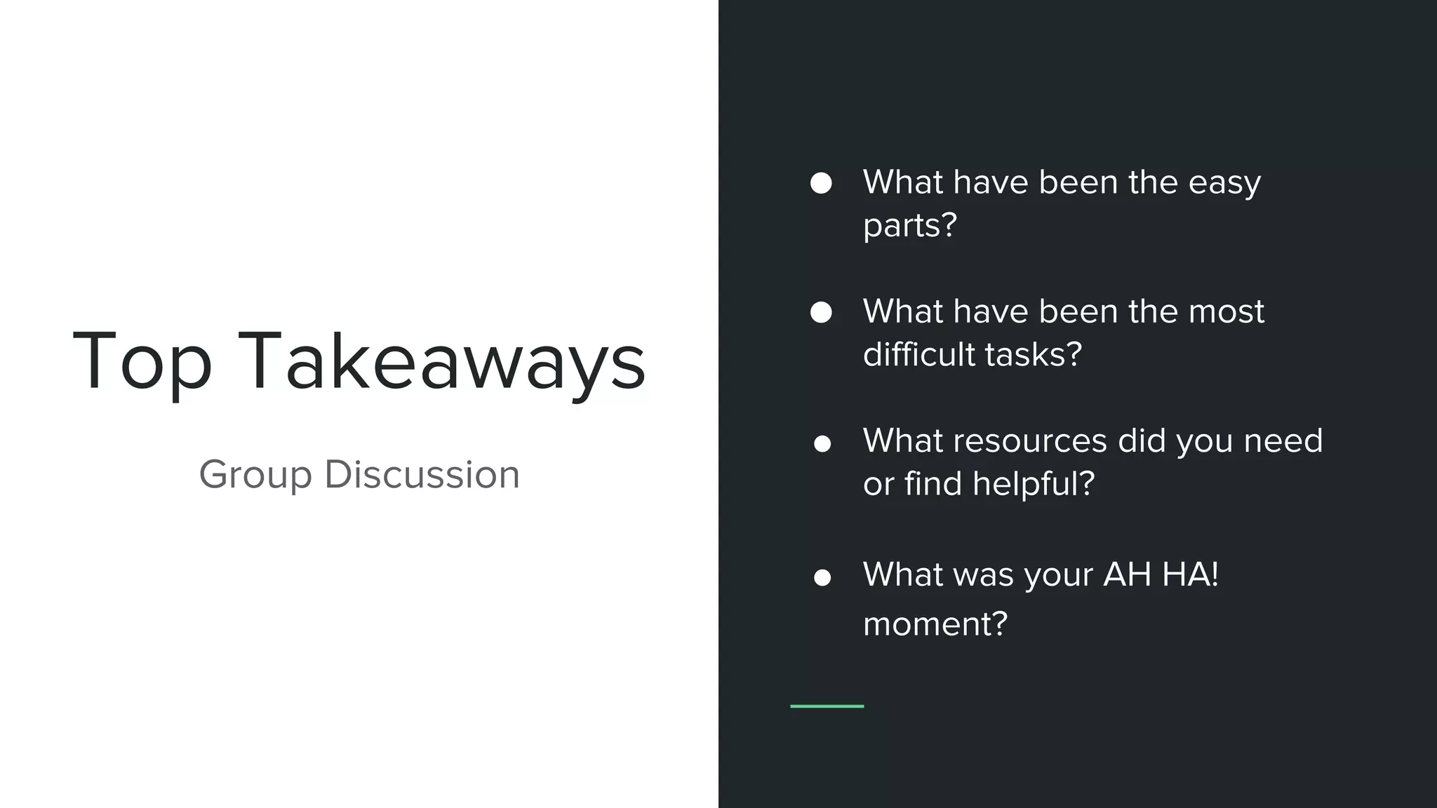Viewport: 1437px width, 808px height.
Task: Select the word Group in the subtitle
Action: point(255,475)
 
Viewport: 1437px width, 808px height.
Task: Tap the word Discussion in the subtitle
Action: point(422,475)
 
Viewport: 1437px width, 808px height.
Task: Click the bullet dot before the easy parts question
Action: point(821,183)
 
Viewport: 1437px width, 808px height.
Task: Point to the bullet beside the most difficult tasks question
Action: point(821,312)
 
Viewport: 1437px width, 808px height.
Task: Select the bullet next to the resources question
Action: point(822,444)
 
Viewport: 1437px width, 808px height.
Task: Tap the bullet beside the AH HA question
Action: point(822,577)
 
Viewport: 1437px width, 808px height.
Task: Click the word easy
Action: point(1224,184)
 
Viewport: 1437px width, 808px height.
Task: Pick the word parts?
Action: point(909,226)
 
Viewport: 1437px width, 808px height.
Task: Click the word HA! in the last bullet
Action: point(1190,575)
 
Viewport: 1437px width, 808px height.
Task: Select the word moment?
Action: point(935,624)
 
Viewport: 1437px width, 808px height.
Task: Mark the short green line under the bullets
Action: point(827,706)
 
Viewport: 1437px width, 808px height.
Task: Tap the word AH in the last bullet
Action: point(1127,575)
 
